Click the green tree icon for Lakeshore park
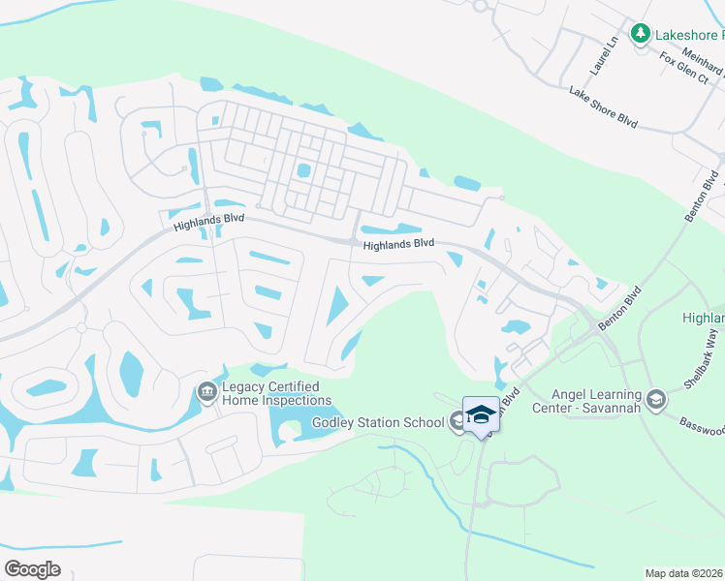coord(640,35)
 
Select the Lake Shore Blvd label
coord(603,107)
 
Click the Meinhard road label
coord(703,63)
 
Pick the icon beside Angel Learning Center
coord(656,399)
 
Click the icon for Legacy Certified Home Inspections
coord(206,391)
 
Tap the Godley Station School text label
coord(377,422)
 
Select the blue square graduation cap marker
coord(481,414)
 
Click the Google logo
coord(32,568)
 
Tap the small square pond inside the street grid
coord(304,171)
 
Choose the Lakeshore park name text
coord(689,35)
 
